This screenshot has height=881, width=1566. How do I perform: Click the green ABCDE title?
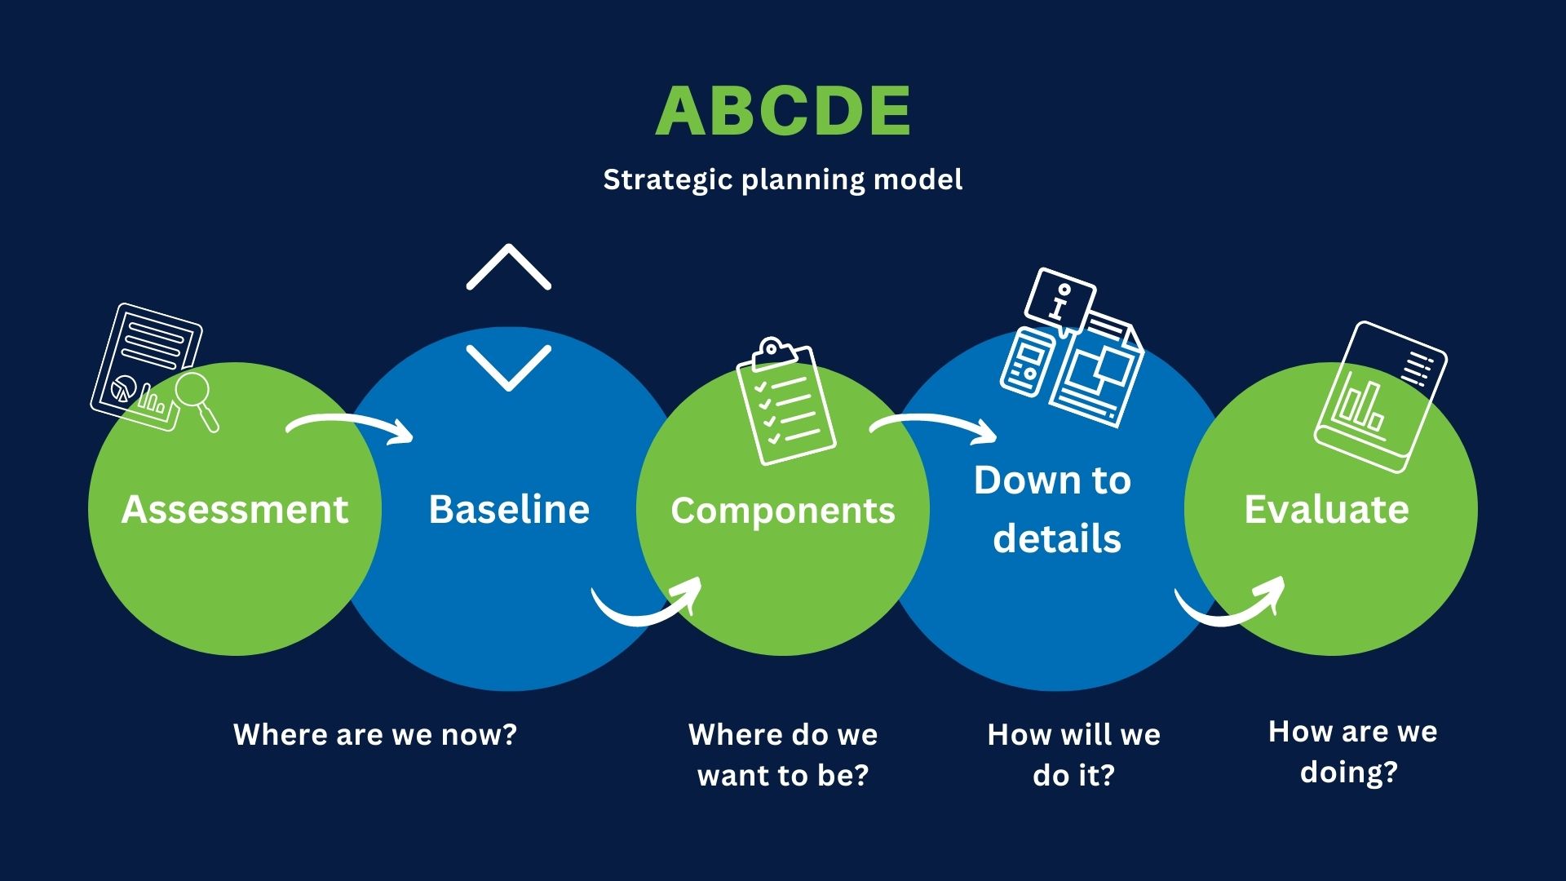(783, 110)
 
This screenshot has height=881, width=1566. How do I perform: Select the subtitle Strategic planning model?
(783, 179)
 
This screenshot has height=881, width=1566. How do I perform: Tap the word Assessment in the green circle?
(235, 510)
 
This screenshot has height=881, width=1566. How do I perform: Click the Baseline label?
(509, 509)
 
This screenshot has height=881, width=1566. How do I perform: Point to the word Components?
(783, 511)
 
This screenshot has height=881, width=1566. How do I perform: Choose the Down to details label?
(1054, 509)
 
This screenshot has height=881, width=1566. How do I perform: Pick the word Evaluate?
(1327, 509)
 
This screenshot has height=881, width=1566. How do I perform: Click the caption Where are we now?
(375, 734)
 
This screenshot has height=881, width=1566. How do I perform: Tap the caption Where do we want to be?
(783, 755)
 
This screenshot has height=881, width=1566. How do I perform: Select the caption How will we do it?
(1073, 755)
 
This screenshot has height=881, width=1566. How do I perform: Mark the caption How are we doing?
(1352, 751)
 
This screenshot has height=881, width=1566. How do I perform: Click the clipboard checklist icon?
(785, 401)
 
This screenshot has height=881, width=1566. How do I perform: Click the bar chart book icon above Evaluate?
(1380, 396)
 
